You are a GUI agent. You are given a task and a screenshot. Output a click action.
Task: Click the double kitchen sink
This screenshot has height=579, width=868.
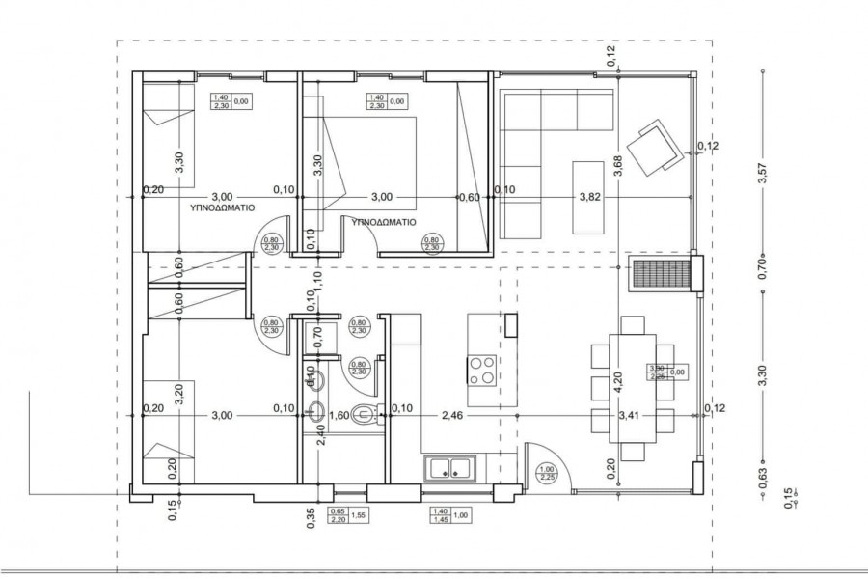[x=450, y=470]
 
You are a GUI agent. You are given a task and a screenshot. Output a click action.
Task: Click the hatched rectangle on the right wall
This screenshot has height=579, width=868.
[x=660, y=273]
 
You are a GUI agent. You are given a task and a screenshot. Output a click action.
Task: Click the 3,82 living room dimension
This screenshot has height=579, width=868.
[x=590, y=197]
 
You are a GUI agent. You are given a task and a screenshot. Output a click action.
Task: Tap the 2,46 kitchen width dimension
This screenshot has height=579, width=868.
[x=453, y=416]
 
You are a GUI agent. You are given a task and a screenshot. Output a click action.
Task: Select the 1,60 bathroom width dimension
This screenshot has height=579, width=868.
[x=339, y=416]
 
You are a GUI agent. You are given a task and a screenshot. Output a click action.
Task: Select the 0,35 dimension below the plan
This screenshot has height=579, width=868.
[x=311, y=518]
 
